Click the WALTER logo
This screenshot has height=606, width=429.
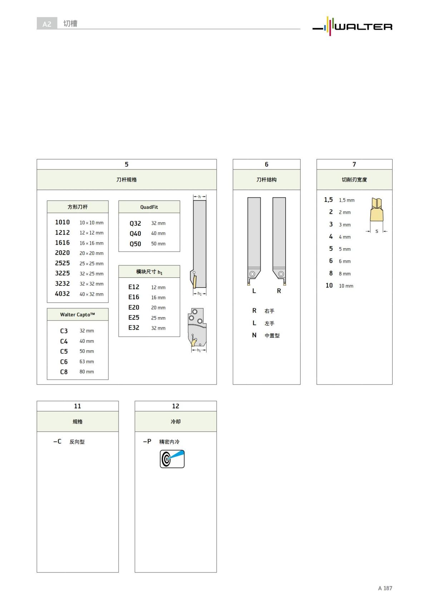352,26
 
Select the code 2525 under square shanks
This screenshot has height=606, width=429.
62,263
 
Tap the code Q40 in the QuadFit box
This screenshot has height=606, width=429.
135,234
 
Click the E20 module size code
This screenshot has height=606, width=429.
134,307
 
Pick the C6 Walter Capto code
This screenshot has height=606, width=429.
64,362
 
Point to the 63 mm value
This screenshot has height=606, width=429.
87,361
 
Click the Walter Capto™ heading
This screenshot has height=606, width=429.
78,315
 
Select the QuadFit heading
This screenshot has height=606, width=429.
149,207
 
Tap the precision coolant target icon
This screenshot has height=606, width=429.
172,459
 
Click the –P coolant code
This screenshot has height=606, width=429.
147,441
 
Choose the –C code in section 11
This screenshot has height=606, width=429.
57,441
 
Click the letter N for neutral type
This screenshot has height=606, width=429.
254,335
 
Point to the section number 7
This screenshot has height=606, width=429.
354,164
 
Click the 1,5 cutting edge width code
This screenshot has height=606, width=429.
328,200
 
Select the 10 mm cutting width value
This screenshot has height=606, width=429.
346,286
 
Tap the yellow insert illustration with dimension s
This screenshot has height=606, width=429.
376,211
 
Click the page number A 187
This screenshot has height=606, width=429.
385,588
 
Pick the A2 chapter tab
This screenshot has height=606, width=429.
47,24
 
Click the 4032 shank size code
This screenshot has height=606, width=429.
62,294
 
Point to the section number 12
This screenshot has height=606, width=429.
176,406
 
